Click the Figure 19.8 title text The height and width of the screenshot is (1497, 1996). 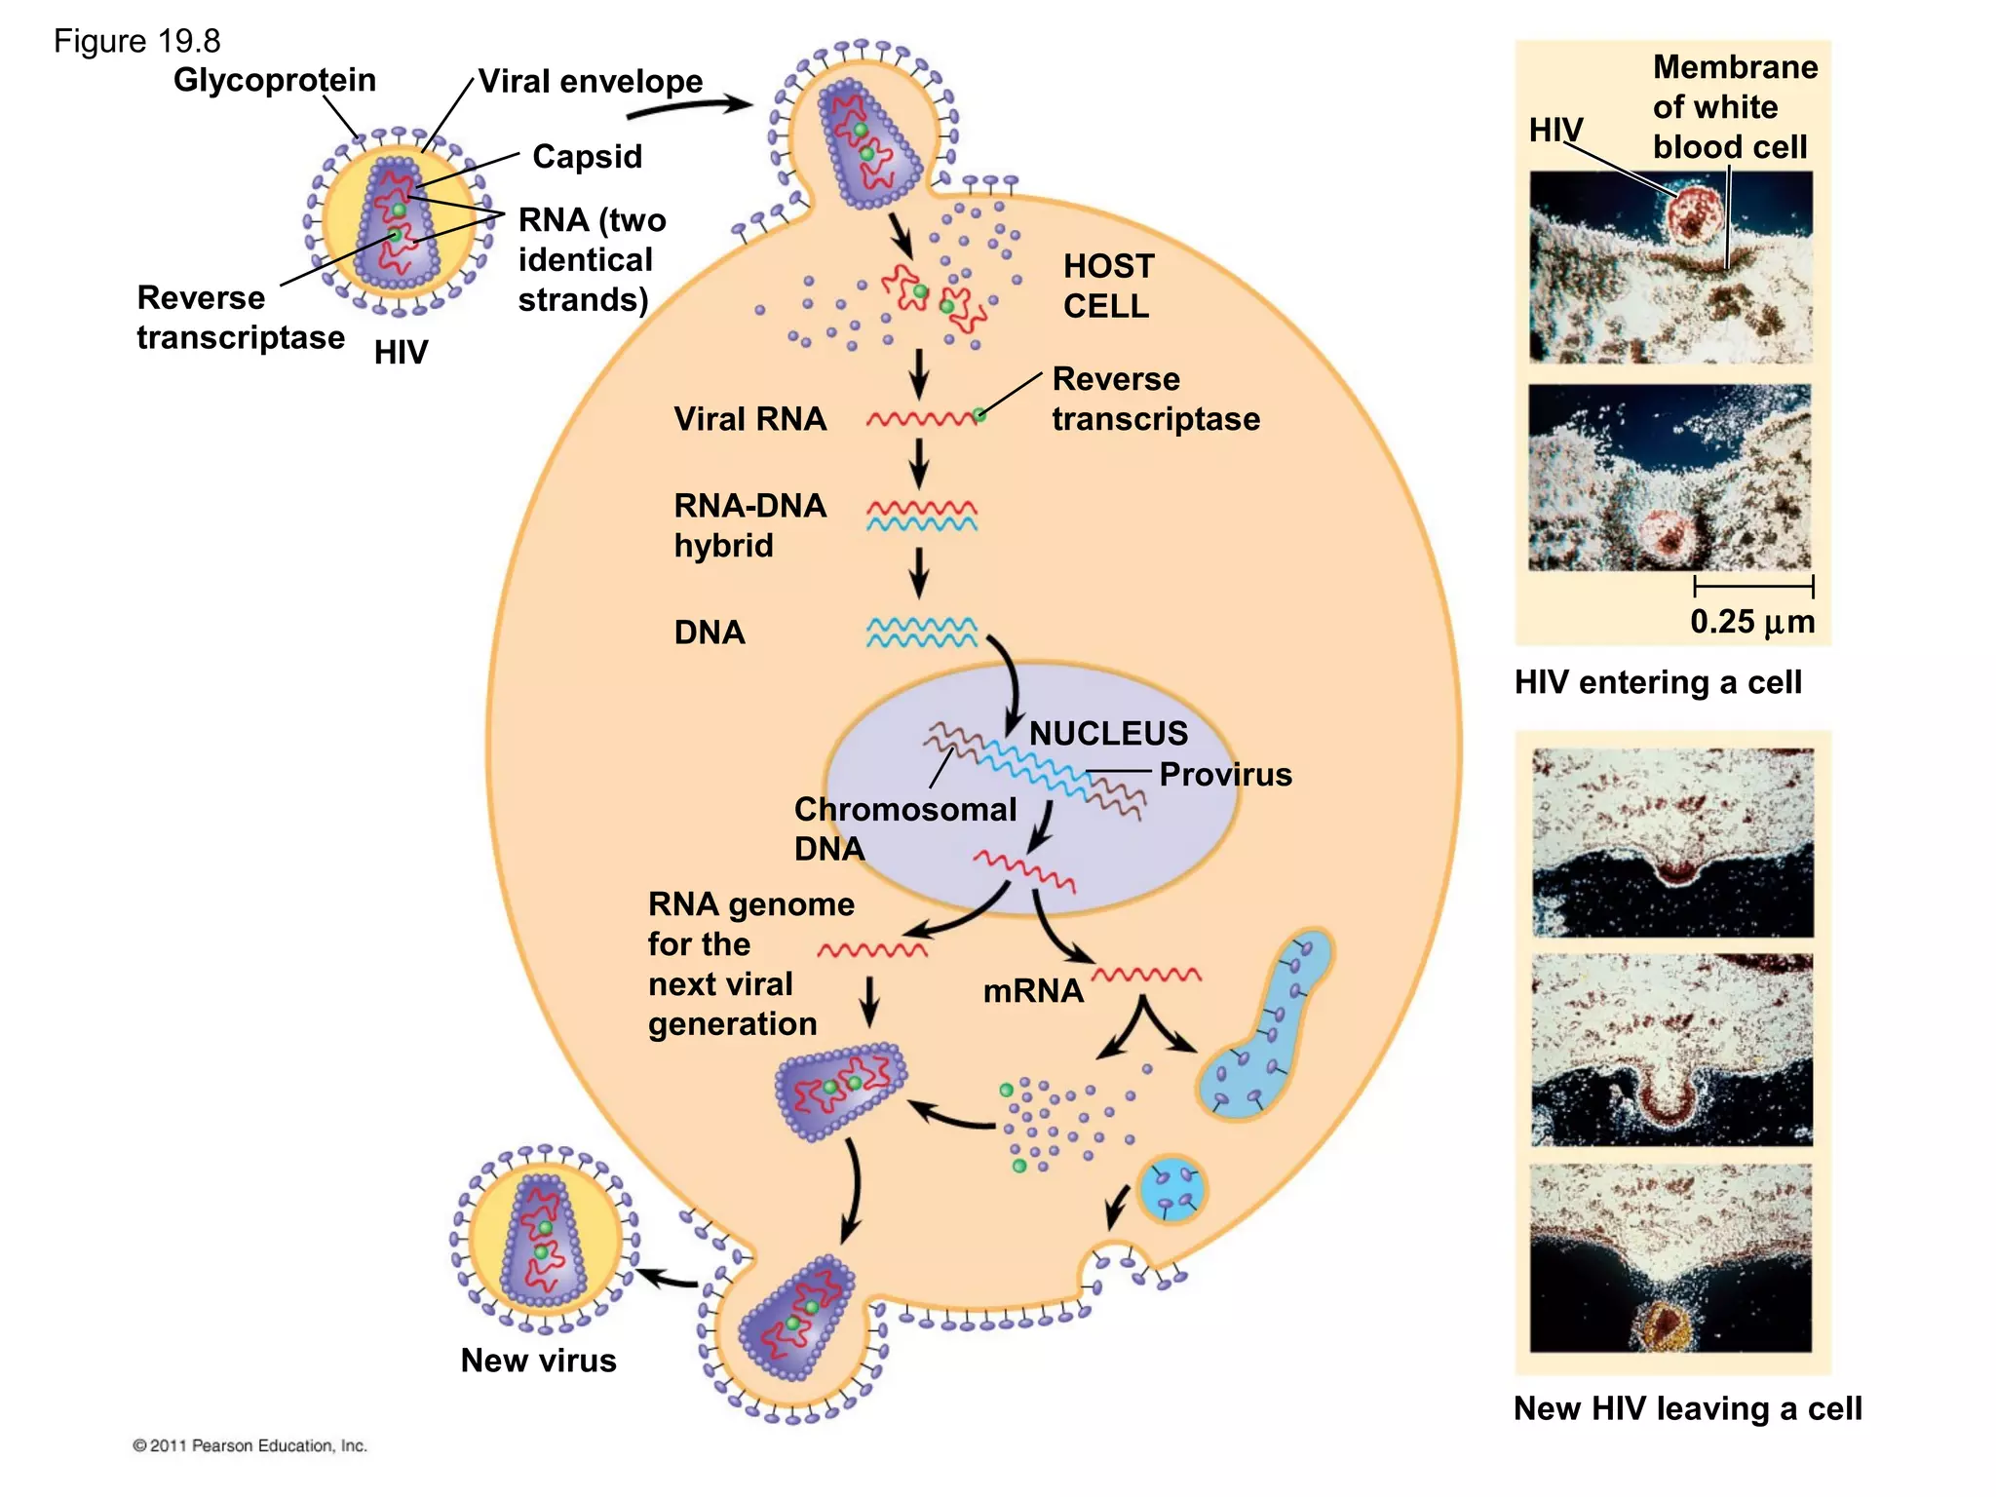(136, 41)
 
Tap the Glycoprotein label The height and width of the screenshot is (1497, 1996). (274, 80)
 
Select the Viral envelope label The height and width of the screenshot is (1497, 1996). (590, 81)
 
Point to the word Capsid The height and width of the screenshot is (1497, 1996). (587, 157)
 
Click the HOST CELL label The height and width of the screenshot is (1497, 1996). (1108, 286)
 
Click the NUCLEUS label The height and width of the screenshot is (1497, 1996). (1108, 733)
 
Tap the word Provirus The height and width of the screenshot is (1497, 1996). (1225, 775)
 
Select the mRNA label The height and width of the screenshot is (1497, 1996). (1033, 991)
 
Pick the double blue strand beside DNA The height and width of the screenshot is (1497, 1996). (921, 633)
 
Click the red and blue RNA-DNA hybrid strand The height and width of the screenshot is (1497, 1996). (921, 516)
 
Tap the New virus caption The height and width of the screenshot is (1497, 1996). (538, 1361)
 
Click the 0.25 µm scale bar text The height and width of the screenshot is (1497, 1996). (1752, 622)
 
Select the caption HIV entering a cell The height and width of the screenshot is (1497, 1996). (1658, 682)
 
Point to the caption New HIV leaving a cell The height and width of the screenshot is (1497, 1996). (1687, 1409)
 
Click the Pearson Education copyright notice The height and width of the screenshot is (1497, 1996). (250, 1445)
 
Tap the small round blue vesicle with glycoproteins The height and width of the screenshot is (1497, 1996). (1172, 1189)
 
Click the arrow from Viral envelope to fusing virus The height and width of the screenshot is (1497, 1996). (688, 106)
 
